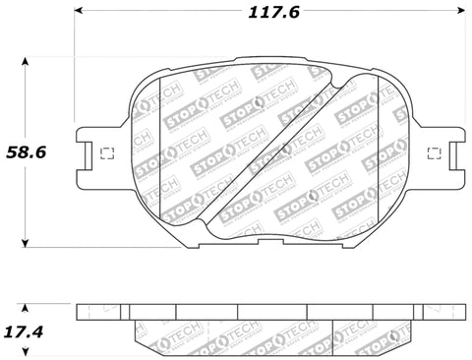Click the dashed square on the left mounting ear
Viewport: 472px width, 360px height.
[108, 152]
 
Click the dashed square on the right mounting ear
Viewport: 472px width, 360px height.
[435, 152]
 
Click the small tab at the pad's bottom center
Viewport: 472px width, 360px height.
[271, 243]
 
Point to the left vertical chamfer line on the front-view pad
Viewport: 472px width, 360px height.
[159, 152]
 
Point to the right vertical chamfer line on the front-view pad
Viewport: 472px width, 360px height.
[382, 152]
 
